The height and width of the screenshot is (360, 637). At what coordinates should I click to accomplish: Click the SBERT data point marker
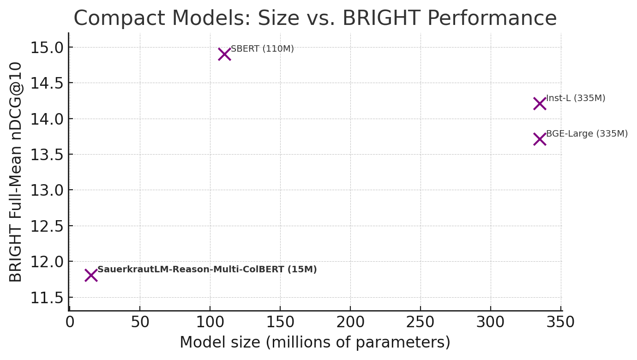(224, 54)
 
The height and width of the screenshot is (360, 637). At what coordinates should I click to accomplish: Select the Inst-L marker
(540, 104)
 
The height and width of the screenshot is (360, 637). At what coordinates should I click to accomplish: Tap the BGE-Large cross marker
(540, 139)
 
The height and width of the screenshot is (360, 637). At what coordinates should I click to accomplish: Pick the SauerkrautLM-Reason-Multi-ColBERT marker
(91, 276)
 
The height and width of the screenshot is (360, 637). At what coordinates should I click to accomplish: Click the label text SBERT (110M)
(262, 49)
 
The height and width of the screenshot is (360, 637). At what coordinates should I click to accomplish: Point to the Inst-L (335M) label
(576, 98)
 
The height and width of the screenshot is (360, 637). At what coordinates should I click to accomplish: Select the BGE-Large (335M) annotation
(587, 134)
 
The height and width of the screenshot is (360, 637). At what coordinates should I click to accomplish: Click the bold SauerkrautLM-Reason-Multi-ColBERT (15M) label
(207, 270)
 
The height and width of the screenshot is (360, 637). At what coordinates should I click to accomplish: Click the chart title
(315, 18)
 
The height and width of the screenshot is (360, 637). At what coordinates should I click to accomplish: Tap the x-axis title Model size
(315, 342)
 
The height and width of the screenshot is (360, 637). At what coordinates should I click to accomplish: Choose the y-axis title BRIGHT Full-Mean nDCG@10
(16, 172)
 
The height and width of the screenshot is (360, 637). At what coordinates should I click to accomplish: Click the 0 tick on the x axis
(70, 322)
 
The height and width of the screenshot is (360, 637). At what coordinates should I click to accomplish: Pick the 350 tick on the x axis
(561, 322)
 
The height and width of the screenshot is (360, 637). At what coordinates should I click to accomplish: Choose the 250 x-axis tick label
(421, 322)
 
